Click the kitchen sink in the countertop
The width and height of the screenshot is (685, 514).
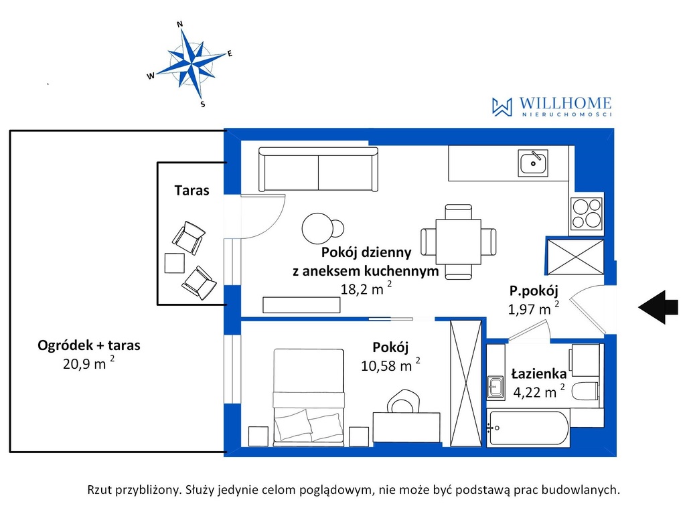pos(533,163)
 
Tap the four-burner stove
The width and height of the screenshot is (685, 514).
pos(587,213)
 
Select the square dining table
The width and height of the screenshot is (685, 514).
pos(458,242)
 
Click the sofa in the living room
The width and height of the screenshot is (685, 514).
pos(318,169)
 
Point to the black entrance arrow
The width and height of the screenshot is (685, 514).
pos(658,307)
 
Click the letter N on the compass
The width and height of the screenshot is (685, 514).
pos(179,24)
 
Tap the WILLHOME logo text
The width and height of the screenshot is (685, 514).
pos(565,103)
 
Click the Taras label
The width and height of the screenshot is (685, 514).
pos(192,190)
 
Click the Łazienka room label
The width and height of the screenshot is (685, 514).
pos(539,374)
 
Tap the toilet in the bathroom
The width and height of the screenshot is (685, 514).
pos(585,391)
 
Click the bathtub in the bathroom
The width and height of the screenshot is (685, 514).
pos(528,428)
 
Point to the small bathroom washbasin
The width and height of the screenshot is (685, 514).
pos(496,387)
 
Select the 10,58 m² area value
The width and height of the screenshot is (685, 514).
pos(390,365)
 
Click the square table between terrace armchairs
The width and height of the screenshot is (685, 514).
pos(174,263)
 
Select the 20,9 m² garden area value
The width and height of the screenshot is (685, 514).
pos(88,363)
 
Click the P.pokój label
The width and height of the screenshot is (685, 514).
pos(534,291)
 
